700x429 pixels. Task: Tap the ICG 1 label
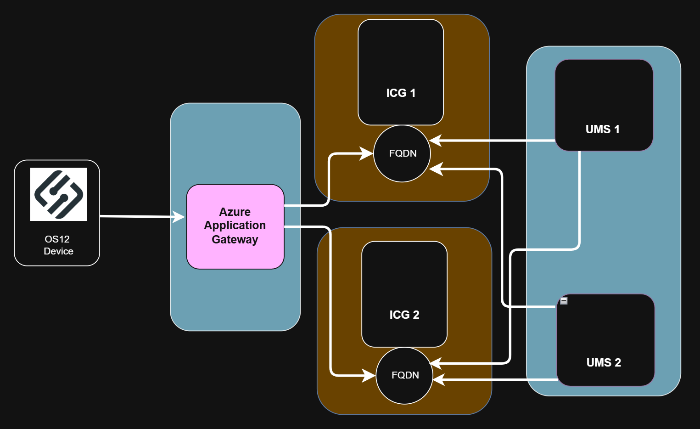pyautogui.click(x=401, y=93)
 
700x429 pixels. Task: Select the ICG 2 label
pyautogui.click(x=404, y=315)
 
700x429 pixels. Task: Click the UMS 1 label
pyautogui.click(x=602, y=129)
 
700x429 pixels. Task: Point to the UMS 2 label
pyautogui.click(x=604, y=362)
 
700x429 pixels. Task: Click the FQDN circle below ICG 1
pyautogui.click(x=403, y=153)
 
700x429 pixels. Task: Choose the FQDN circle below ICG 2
pyautogui.click(x=405, y=375)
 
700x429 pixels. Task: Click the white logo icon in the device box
pyautogui.click(x=58, y=194)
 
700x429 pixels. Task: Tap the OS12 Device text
pyautogui.click(x=58, y=245)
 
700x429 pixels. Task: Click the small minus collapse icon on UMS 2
pyautogui.click(x=564, y=301)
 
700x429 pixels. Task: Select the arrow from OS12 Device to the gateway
pyautogui.click(x=138, y=216)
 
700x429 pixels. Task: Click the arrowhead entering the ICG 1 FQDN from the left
pyautogui.click(x=367, y=153)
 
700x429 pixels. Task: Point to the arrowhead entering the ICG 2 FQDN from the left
pyautogui.click(x=369, y=375)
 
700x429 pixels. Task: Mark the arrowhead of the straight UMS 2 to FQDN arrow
pyautogui.click(x=439, y=380)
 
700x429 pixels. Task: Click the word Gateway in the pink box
pyautogui.click(x=235, y=239)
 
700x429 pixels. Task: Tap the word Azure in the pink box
pyautogui.click(x=235, y=212)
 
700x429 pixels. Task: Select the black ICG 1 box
pyautogui.click(x=401, y=55)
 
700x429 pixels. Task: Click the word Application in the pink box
pyautogui.click(x=235, y=226)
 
